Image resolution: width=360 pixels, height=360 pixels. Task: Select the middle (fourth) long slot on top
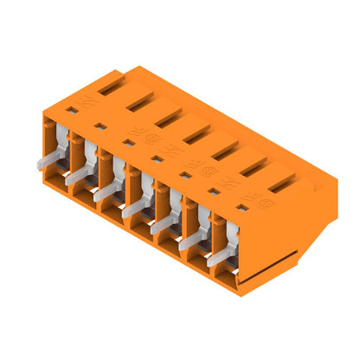pyautogui.click(x=194, y=131)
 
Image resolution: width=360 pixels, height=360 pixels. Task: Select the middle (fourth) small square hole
pyautogui.click(x=157, y=157)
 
